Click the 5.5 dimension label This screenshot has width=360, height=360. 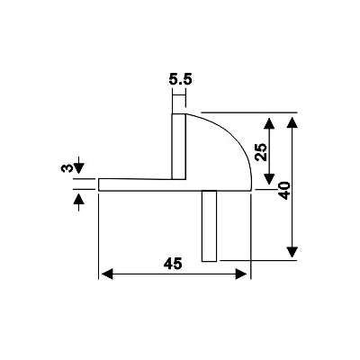(x=180, y=80)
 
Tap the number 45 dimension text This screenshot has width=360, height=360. (x=173, y=264)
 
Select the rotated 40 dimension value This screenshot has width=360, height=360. (x=284, y=191)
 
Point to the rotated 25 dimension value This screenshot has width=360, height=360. (x=261, y=152)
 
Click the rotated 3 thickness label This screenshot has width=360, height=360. (x=67, y=168)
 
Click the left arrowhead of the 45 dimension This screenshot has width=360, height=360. (x=107, y=274)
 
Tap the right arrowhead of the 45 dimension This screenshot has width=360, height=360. (x=241, y=274)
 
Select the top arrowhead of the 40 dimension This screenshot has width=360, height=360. (x=292, y=123)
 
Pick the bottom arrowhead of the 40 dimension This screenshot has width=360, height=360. (x=292, y=252)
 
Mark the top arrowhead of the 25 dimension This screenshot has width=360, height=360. (x=269, y=123)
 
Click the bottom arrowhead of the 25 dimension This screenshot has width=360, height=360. (x=269, y=179)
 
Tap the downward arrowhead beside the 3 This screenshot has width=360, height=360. (x=78, y=168)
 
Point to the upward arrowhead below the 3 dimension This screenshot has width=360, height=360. (x=78, y=199)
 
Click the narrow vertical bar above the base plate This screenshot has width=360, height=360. (x=179, y=147)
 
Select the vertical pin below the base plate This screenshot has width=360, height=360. (x=209, y=226)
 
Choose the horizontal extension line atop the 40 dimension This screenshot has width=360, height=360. (x=249, y=112)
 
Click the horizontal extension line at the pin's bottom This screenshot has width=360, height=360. (x=258, y=260)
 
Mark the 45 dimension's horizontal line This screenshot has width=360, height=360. (x=175, y=274)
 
